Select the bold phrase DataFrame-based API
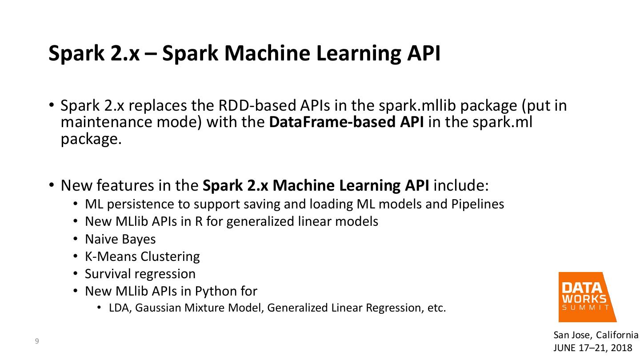click(346, 122)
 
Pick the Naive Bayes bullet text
click(120, 239)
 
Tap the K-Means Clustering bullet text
click(142, 256)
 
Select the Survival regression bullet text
click(140, 274)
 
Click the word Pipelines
click(478, 204)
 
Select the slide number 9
click(37, 341)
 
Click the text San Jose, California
click(596, 335)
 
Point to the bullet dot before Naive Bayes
click(76, 239)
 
